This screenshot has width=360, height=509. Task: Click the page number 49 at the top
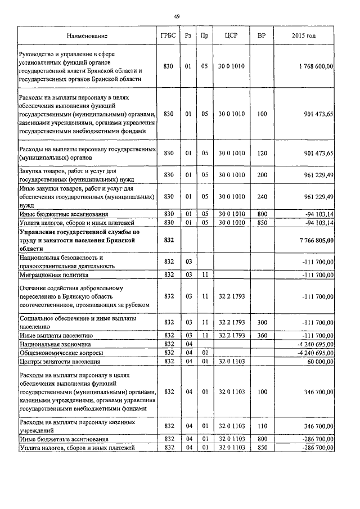(x=177, y=17)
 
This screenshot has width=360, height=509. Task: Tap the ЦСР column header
(x=231, y=36)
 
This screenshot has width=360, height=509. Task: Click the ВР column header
(x=262, y=36)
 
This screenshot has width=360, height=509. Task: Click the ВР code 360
(x=262, y=335)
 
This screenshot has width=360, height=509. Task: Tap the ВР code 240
(x=262, y=196)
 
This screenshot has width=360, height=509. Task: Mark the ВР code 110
(x=262, y=426)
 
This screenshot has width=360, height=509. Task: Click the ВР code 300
(x=262, y=322)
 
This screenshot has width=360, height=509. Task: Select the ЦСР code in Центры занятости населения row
(x=231, y=361)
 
